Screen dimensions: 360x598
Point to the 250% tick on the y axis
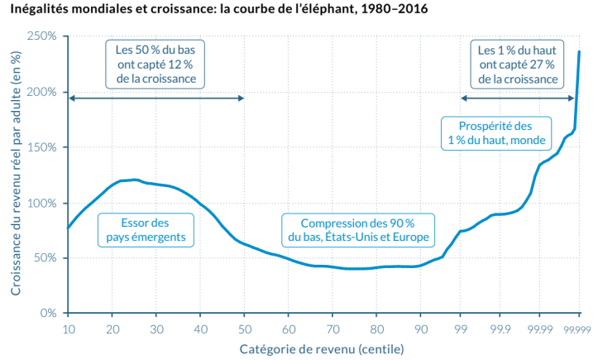tap(41, 37)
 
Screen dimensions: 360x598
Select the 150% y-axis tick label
tap(41, 147)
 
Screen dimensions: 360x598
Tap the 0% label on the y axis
tap(46, 314)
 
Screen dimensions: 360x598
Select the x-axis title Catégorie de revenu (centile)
tap(322, 349)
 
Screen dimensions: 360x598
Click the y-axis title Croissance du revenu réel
tap(16, 174)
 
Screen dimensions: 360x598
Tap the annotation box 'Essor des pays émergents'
tap(146, 230)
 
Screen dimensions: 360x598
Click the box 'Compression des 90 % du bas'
tap(357, 230)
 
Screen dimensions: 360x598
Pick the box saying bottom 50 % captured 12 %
tap(155, 64)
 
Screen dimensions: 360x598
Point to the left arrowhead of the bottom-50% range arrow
tap(71, 98)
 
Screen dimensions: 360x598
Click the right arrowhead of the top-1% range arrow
tap(572, 98)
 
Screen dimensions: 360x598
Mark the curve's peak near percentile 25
tap(133, 180)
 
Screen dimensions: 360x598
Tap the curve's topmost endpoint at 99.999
tap(579, 51)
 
